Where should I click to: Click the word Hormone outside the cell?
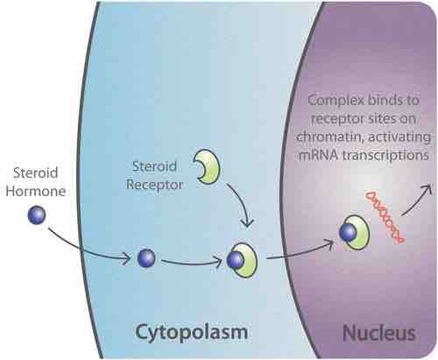36,191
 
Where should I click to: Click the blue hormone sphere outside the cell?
37,215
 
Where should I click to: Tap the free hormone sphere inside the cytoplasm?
146,258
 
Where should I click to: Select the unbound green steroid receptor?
208,166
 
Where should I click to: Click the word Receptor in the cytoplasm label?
154,185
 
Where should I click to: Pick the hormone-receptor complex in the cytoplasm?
243,260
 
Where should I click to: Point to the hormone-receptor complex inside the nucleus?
355,233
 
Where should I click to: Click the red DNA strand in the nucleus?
385,216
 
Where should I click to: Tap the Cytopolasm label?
192,333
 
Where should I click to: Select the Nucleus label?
379,333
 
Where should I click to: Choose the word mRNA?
318,155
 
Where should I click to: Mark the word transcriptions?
385,155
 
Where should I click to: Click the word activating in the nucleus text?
399,138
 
